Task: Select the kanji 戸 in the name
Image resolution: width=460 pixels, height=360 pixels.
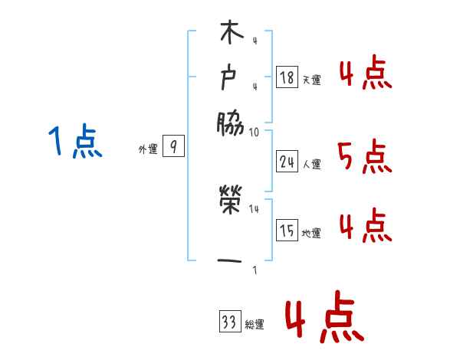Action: point(231,77)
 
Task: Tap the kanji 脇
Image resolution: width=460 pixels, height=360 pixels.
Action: point(231,123)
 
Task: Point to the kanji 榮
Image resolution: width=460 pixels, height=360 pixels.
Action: point(231,202)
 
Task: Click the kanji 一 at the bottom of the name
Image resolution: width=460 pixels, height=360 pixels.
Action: point(231,261)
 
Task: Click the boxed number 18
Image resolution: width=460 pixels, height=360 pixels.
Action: point(287,77)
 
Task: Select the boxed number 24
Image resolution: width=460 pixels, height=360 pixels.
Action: point(287,161)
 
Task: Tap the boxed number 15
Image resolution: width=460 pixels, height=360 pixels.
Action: point(287,230)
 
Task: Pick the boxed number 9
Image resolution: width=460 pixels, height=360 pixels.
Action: point(173,148)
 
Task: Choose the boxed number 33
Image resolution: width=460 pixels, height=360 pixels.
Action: point(228,322)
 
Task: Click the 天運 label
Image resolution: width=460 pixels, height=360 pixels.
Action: point(311,79)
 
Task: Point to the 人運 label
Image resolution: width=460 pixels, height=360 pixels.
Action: point(311,163)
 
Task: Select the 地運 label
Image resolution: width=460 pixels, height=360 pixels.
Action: point(311,233)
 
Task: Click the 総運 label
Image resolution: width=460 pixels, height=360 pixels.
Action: point(254,325)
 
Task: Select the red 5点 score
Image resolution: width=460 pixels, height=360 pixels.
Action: point(364,158)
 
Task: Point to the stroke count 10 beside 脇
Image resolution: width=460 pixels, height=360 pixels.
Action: point(254,132)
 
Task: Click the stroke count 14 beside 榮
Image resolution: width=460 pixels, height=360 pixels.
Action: point(255,208)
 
